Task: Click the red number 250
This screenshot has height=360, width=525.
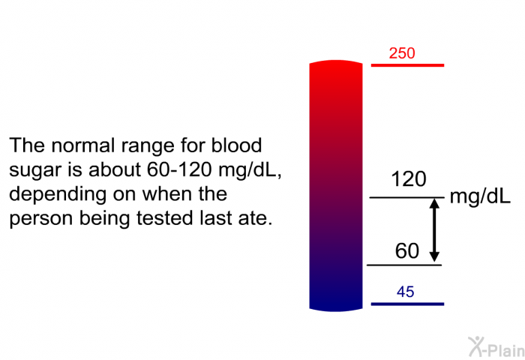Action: pos(402,53)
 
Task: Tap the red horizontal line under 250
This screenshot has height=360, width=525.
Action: pos(407,65)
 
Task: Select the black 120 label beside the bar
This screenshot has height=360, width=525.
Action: pos(409,178)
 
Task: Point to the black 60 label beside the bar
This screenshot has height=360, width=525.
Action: pos(406,250)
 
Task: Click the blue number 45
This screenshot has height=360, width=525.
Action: pos(406,292)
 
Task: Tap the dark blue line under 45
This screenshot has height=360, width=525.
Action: pos(407,304)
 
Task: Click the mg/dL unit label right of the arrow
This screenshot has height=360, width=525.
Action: pos(480,196)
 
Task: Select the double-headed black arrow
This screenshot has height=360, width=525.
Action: pos(434,229)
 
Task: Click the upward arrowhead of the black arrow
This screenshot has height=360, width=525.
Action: pos(434,203)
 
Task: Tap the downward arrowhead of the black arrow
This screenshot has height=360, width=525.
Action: pos(434,256)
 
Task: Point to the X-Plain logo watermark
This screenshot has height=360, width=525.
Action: pos(496,347)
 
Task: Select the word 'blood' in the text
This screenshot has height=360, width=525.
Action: pos(236,145)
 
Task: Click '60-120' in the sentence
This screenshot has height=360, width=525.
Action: pos(179,169)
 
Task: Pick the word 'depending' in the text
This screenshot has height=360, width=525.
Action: pos(57,194)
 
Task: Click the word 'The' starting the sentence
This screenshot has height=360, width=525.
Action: pos(27,145)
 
